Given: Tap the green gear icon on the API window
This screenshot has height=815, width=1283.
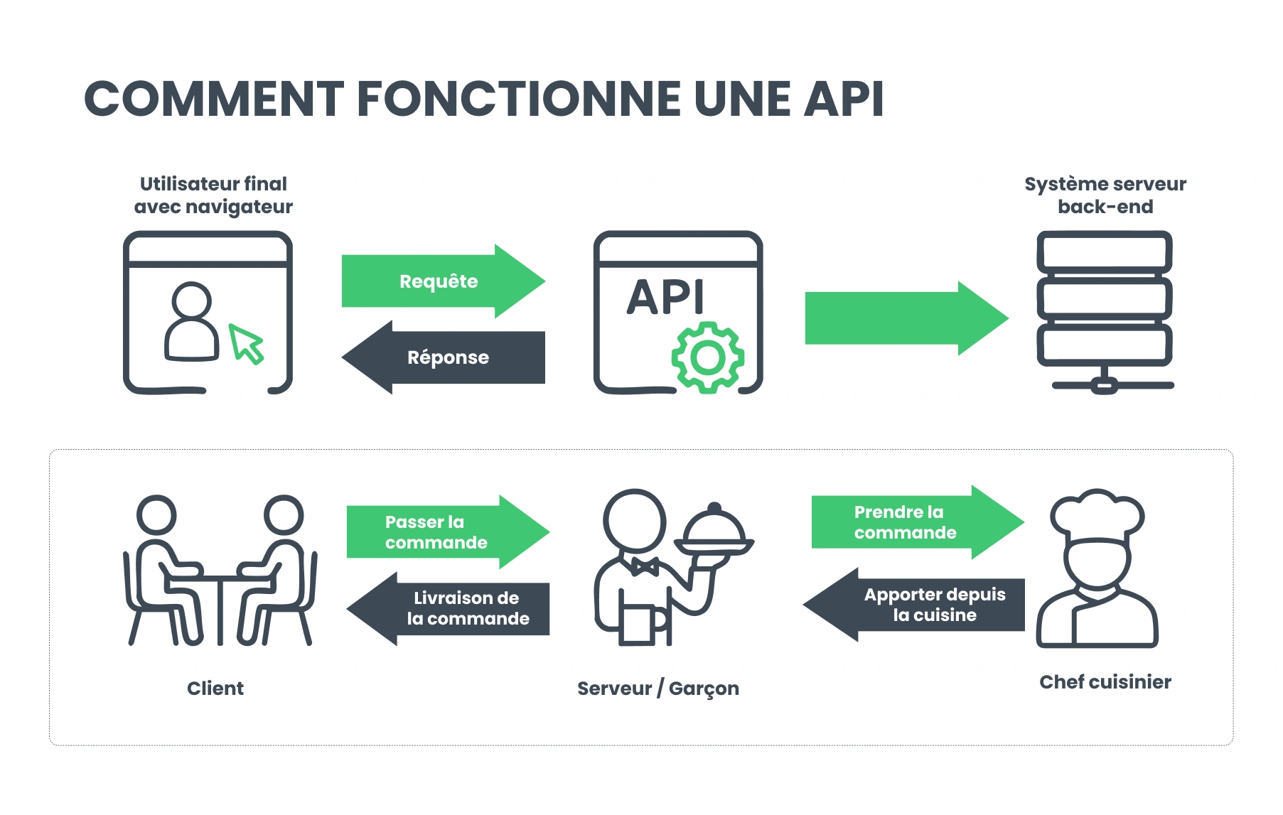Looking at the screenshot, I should click(x=707, y=357).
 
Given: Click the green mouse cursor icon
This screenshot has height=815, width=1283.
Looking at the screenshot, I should click(x=246, y=344).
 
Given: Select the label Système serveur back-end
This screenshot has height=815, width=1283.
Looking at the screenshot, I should click(x=1105, y=195).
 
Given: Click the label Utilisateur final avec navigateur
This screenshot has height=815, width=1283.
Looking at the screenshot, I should click(x=213, y=195).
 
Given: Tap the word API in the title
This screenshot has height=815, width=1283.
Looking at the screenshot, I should click(x=844, y=99).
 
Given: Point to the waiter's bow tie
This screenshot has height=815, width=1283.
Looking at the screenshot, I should click(x=645, y=567).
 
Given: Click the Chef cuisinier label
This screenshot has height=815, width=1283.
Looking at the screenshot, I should click(x=1105, y=682).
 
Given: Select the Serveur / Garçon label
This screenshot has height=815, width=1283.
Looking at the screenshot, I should click(x=657, y=689).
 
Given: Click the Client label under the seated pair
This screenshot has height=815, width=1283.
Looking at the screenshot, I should click(x=215, y=689).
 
